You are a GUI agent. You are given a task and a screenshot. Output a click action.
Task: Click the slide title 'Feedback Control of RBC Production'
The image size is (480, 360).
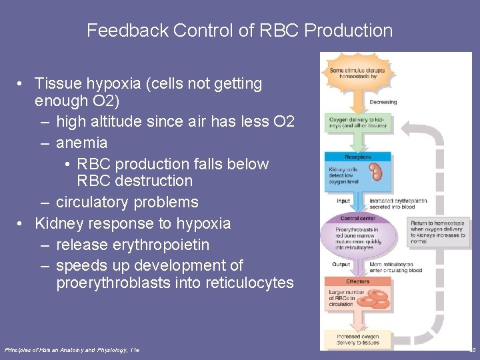[x=239, y=31]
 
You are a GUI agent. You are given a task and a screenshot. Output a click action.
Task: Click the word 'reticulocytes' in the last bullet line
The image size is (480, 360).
[x=247, y=283]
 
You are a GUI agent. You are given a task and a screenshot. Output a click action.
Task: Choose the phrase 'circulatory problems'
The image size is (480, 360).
[x=127, y=202]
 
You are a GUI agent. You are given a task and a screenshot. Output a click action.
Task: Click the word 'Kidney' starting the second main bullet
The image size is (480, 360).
[x=57, y=223]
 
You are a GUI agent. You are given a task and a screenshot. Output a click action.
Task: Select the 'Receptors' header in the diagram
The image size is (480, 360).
[x=358, y=157]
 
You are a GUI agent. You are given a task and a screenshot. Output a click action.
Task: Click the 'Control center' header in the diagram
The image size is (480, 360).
[x=358, y=218]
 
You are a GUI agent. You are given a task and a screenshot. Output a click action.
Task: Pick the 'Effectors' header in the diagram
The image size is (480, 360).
[x=358, y=281]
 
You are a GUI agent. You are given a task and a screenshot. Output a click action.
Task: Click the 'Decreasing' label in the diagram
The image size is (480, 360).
[x=383, y=102]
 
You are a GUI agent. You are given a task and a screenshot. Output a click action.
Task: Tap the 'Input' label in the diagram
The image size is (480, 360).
[x=343, y=201]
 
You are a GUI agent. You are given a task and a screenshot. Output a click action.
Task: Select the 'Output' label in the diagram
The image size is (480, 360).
[x=341, y=265]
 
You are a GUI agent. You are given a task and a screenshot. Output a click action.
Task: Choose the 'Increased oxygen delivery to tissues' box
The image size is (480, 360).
[x=358, y=339]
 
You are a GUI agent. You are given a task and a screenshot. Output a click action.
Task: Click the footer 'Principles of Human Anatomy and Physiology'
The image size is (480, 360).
[x=72, y=350]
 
